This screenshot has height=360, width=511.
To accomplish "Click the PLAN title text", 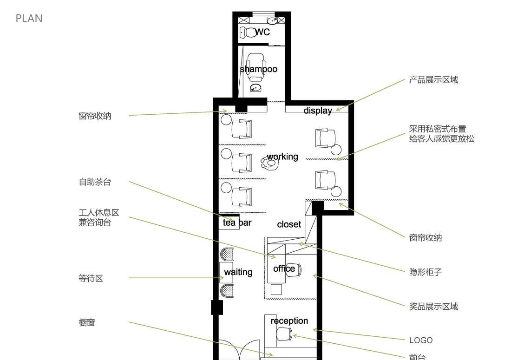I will [29, 18].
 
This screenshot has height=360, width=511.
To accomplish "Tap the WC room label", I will [262, 32].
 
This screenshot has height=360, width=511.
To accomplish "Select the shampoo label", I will [259, 69].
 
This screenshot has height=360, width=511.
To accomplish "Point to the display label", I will [318, 111].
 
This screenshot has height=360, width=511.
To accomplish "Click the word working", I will [282, 157].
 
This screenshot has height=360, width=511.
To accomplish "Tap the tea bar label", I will [237, 223].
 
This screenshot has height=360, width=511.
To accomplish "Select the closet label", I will [289, 224].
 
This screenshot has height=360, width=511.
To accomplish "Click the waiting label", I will [238, 272].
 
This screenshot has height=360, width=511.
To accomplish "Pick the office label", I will [284, 268].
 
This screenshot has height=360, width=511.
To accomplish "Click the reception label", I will [289, 321].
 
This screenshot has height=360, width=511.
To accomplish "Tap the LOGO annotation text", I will [421, 340].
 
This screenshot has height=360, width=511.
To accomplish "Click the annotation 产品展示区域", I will [433, 80].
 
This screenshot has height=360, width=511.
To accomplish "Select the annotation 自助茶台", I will [95, 182].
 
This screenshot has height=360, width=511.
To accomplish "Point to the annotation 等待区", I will [91, 279].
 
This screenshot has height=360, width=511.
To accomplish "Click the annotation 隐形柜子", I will [425, 272].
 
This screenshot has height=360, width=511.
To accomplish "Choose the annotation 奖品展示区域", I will [433, 307].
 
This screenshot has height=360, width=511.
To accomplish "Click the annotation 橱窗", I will [86, 322].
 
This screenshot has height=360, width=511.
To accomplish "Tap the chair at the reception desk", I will [284, 334].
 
